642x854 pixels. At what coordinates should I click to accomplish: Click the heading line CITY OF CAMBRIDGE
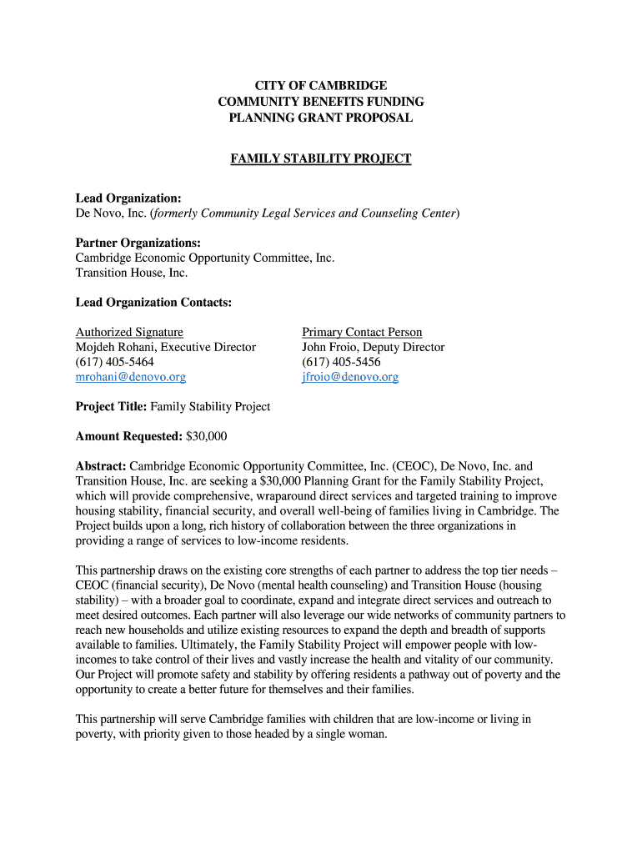321,86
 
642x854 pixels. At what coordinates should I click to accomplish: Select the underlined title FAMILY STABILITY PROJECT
321,158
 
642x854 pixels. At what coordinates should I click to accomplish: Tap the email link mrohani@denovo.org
131,377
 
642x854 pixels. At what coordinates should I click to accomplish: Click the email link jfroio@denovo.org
350,377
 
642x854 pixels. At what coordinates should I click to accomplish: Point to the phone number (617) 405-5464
115,362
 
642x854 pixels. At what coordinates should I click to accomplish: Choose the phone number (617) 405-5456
341,362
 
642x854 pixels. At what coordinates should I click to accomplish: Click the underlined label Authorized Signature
129,332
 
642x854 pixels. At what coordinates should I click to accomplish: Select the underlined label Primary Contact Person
362,332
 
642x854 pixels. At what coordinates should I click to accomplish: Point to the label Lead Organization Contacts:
153,303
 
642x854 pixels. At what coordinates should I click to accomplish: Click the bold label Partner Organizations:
138,243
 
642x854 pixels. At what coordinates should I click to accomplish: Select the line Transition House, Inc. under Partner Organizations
132,273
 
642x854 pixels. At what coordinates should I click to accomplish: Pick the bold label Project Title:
111,407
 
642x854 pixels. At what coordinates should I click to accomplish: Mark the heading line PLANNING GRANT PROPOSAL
321,118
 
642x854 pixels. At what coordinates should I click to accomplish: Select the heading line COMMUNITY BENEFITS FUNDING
321,102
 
